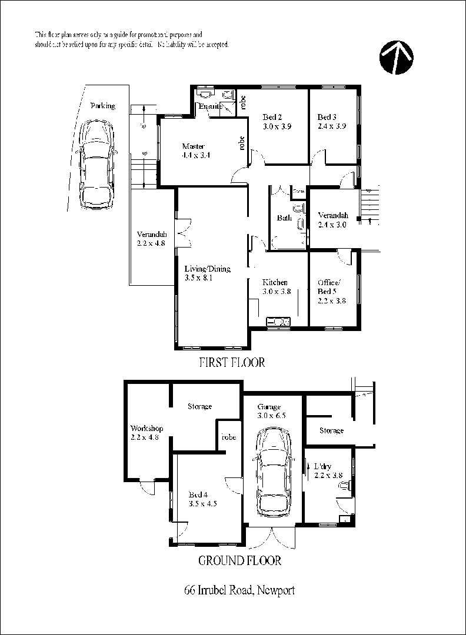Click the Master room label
tap(193, 146)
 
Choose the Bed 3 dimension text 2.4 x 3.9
tap(332, 126)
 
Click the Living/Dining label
tap(207, 269)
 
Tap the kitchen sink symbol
tap(278, 322)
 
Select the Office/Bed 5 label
tap(329, 286)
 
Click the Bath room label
tap(284, 218)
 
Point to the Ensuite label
tap(209, 106)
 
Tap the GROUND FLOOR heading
tap(239, 560)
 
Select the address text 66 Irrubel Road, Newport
tap(239, 590)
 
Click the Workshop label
tap(147, 429)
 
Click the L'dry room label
tap(322, 466)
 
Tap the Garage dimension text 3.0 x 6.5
tap(272, 416)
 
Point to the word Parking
tap(102, 106)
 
